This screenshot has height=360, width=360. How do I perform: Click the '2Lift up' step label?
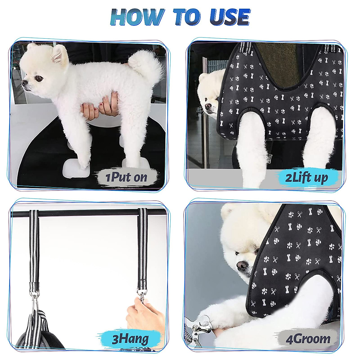pos(306,178)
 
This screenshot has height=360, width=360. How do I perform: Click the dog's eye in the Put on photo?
pos(39,78)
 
